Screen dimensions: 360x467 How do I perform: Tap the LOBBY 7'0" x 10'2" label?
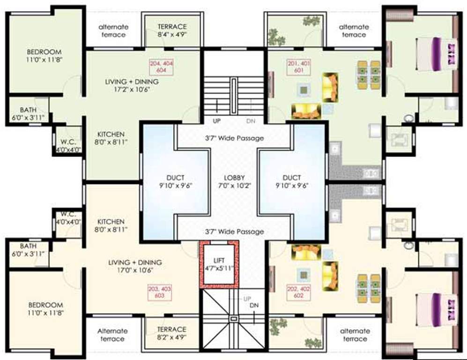234,181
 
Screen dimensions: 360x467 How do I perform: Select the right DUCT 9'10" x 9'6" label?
292,181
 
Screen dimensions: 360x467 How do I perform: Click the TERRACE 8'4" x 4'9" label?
172,30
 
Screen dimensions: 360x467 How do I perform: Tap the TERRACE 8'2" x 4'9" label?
171,333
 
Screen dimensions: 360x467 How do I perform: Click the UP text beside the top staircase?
217,121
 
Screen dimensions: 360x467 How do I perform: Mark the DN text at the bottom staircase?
254,306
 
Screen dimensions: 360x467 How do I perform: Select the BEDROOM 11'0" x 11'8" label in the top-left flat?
44,56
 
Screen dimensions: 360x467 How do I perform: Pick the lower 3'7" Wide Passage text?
234,232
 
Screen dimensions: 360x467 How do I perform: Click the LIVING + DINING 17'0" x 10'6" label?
135,266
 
